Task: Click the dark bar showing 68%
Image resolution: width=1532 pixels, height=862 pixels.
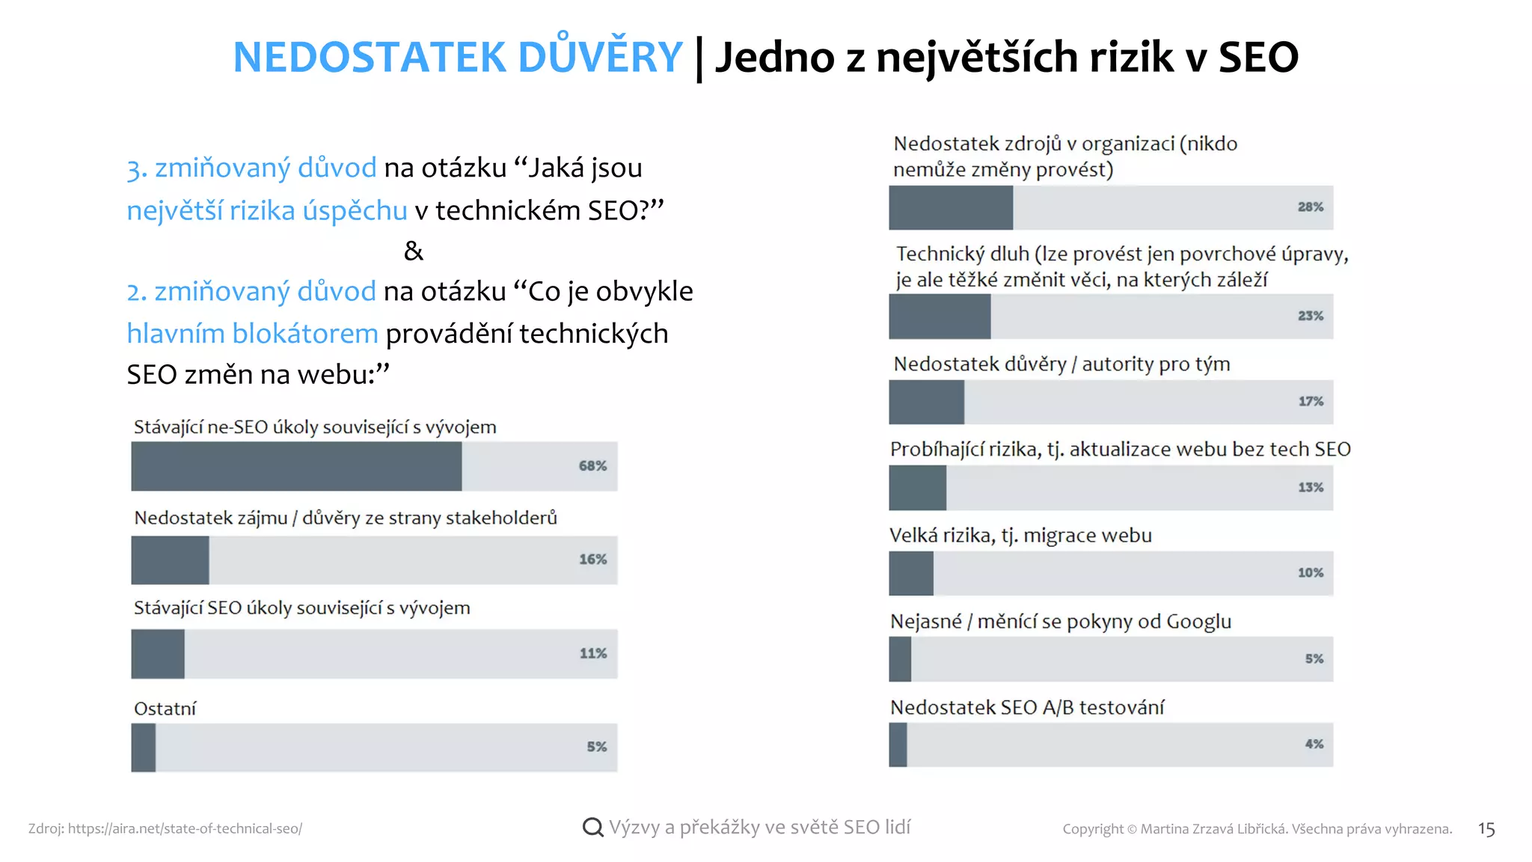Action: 296,466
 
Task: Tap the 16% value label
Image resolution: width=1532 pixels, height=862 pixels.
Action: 592,559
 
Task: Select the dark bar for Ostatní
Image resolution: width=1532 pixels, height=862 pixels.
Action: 144,747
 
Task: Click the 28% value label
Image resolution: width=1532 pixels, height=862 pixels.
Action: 1310,207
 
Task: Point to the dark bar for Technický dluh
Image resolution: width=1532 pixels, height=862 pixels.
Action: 940,316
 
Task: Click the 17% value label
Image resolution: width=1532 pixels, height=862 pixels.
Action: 1311,401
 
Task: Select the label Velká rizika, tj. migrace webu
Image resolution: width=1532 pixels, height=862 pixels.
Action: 1020,536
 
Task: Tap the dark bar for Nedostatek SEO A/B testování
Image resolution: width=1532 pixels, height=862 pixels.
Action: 898,745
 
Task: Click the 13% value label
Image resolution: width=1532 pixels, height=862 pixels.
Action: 1311,487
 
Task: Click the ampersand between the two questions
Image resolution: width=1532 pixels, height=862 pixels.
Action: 413,251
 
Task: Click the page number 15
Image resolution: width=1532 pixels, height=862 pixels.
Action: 1486,829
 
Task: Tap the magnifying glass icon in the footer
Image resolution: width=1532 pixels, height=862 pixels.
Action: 592,827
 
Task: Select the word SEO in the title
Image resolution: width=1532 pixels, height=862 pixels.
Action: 1257,57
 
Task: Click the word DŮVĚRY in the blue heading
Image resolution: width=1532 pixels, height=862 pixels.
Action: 600,57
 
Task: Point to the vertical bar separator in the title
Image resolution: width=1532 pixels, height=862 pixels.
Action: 699,58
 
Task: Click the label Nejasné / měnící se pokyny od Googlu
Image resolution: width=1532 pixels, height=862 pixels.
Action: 1060,622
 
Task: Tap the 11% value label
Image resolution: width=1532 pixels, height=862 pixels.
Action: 592,653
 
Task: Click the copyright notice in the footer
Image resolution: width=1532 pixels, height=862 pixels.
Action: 1257,828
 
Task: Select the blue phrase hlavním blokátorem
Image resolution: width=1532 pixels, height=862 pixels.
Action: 252,333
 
